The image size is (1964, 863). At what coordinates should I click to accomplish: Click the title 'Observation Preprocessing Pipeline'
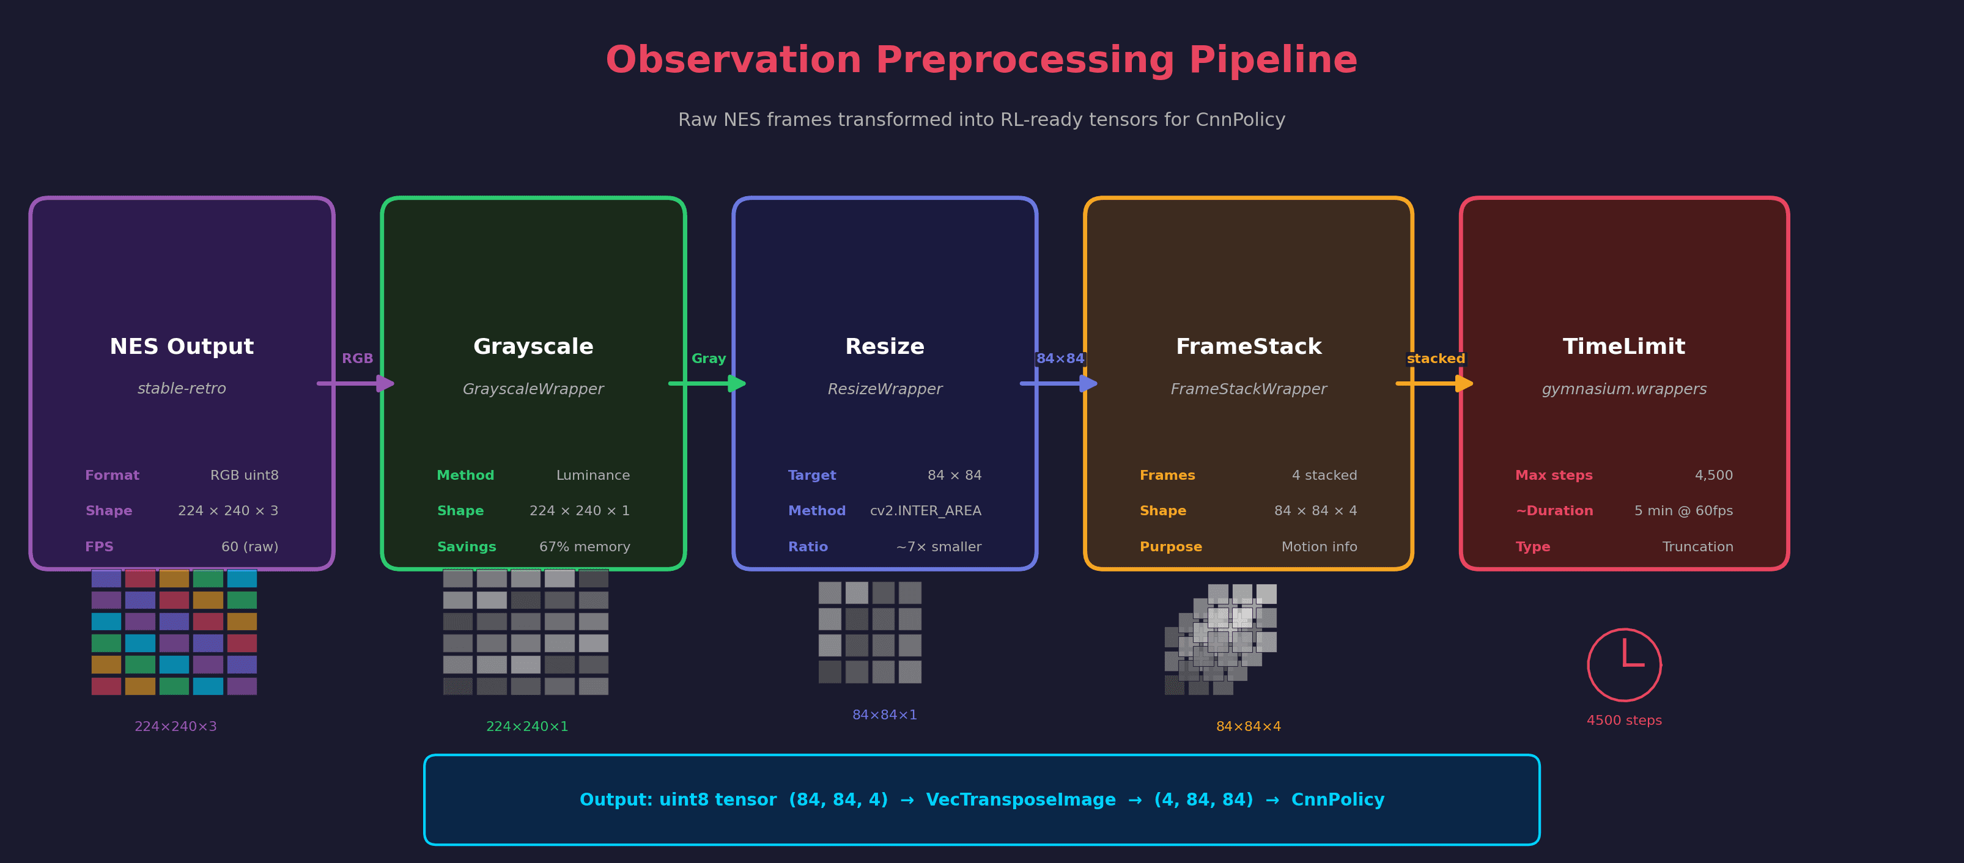coord(981,61)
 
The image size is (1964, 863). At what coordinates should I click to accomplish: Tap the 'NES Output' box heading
coord(182,347)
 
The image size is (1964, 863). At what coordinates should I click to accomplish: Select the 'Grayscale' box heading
coord(533,347)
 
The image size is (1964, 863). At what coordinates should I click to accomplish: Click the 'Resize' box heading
coord(884,347)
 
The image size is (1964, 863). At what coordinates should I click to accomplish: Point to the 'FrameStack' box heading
coord(1248,347)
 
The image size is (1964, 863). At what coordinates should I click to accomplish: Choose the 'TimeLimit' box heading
coord(1624,347)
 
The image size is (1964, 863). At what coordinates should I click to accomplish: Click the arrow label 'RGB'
coord(357,358)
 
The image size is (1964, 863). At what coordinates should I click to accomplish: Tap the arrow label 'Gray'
coord(708,358)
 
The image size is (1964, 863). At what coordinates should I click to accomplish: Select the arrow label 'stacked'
coord(1436,358)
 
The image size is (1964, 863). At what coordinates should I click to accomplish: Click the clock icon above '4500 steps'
coord(1624,665)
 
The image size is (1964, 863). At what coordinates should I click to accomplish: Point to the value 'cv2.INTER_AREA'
coord(926,511)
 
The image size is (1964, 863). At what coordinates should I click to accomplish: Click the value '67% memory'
coord(584,546)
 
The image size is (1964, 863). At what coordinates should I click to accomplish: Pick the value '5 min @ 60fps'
coord(1683,511)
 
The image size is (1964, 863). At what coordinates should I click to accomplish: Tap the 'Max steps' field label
coord(1554,475)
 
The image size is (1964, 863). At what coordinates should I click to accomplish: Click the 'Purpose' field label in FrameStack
coord(1170,546)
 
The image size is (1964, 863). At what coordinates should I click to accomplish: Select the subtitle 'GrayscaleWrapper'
coord(533,389)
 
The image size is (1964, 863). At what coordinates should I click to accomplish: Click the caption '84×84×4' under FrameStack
coord(1248,727)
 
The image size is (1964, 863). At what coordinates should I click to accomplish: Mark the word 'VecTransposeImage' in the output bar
coord(1020,799)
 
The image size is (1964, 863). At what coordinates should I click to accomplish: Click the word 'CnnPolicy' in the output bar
coord(1337,799)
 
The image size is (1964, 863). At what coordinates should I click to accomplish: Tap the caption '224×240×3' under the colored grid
coord(175,727)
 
